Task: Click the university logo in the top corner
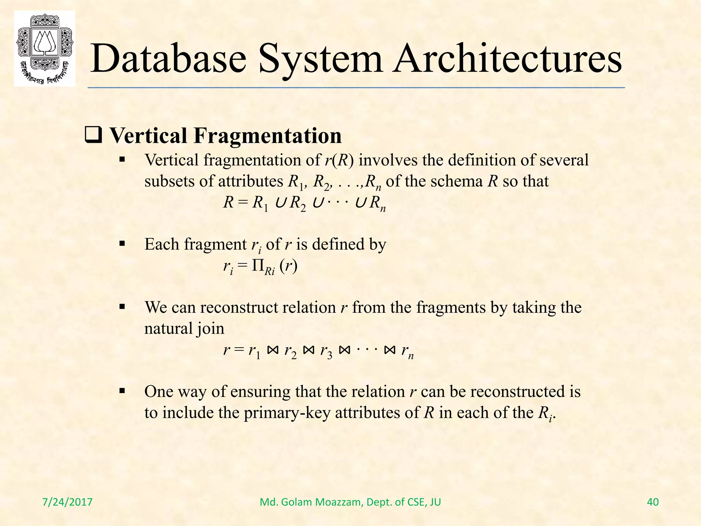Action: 44,48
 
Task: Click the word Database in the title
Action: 168,59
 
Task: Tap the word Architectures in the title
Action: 507,59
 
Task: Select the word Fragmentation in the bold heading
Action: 267,136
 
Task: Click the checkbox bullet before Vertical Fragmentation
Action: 93,136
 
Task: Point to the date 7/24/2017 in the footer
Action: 67,502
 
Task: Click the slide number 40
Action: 653,502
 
